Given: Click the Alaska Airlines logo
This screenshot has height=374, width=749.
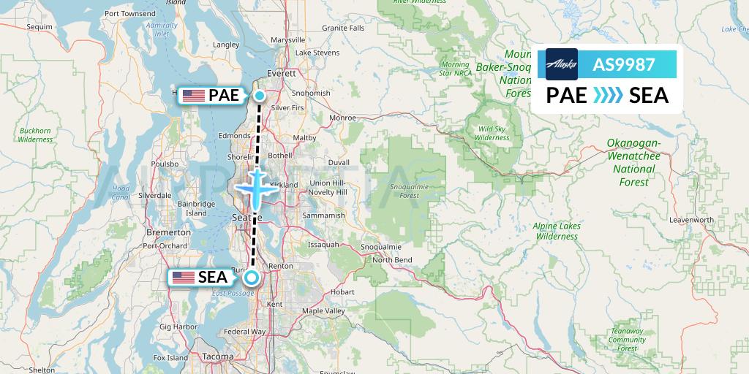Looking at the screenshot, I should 562,64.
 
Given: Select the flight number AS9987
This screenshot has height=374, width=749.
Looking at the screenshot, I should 623,64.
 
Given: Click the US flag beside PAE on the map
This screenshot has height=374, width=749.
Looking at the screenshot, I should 193,94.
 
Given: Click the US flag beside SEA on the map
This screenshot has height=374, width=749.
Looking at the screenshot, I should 183,277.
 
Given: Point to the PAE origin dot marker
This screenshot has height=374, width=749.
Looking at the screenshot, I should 260,95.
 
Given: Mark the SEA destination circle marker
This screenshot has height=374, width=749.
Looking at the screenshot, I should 252,278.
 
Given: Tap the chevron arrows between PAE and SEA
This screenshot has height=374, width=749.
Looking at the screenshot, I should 607,96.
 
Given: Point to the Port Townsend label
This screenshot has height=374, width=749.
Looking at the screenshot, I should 130,13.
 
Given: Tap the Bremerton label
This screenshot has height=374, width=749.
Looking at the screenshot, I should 168,232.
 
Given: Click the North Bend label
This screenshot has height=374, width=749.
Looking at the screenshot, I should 392,260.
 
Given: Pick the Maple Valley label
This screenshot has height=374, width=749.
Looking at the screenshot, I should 323,311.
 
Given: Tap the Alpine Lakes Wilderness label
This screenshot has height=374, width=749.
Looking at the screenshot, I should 557,231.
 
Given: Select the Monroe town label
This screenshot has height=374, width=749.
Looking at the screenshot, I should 343,117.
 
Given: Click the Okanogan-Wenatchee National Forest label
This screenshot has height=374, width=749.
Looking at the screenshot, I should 633,162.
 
